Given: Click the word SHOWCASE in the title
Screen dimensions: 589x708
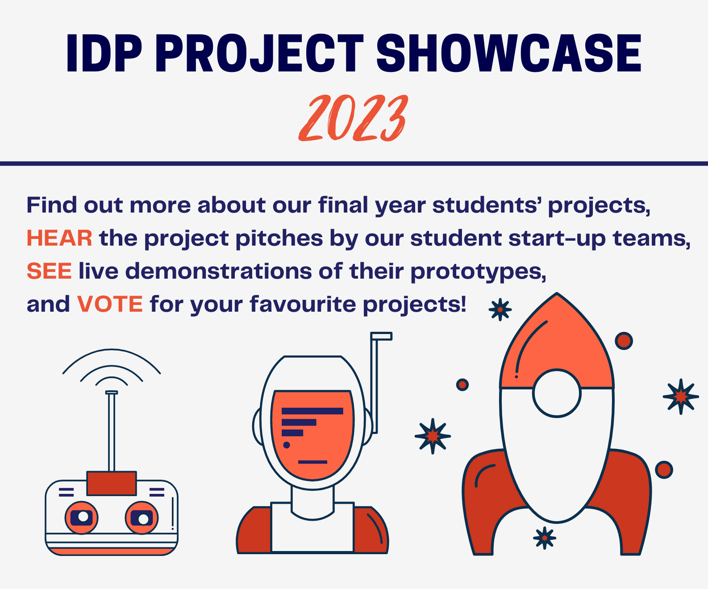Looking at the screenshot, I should pos(509,54).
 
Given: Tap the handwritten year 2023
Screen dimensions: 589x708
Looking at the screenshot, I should pos(353,118).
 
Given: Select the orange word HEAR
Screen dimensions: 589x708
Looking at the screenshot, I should pos(59,238).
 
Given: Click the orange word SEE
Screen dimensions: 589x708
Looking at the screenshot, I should pos(49,271).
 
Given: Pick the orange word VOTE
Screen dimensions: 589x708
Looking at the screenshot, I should pos(110,304).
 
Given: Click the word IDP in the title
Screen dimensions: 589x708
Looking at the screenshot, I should pos(104,54).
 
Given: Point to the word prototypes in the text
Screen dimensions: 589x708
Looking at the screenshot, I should pos(478,271).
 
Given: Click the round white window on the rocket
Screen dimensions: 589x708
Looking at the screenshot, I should pos(557,393).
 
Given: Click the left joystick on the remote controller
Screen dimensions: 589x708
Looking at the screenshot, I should pos(82,518).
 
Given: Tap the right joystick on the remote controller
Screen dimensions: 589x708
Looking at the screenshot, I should pos(142,518).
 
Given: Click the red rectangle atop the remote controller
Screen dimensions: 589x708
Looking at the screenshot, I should pos(112,483).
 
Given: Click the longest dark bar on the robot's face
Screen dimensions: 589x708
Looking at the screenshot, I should pos(312,411).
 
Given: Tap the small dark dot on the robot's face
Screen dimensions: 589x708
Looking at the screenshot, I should pos(287,445).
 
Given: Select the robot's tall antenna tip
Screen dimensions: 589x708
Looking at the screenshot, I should pos(381,336).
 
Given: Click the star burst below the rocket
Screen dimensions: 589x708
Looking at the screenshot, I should pos(545,538).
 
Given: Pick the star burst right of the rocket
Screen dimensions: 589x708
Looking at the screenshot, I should pos(680,396).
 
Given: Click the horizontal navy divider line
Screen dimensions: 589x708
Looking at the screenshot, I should pos(354,163).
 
